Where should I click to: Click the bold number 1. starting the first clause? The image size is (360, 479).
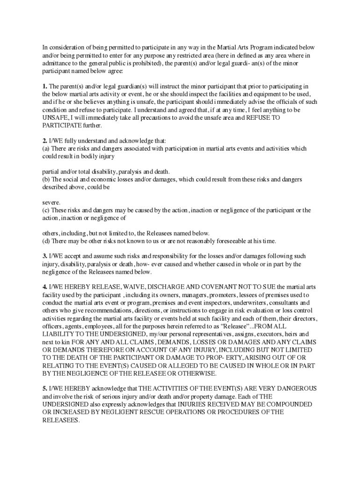[x=45, y=87]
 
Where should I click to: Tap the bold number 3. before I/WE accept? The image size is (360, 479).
[x=45, y=256]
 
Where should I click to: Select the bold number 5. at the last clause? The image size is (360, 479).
[x=45, y=389]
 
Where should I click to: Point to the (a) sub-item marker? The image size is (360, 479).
[x=45, y=149]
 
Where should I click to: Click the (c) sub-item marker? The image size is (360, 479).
[x=45, y=210]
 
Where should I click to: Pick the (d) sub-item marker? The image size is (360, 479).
[x=45, y=241]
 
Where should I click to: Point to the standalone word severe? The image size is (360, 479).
[x=51, y=203]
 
